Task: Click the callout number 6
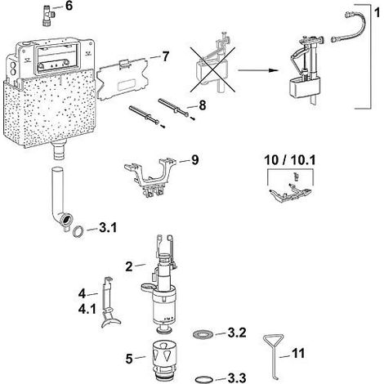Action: pos(69,6)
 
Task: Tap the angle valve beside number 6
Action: pos(48,16)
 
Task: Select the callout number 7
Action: pos(166,56)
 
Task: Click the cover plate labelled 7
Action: pos(123,79)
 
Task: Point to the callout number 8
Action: pos(203,105)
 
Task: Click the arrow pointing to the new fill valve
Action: pos(258,70)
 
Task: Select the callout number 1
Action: pos(377,12)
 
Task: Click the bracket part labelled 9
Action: pos(150,176)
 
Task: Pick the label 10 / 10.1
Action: pos(290,160)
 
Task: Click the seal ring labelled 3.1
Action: pos(78,231)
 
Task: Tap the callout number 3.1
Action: pos(108,228)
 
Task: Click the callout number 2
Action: pos(129,266)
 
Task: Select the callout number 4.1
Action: pos(87,309)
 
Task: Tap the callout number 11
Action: pos(298,354)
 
